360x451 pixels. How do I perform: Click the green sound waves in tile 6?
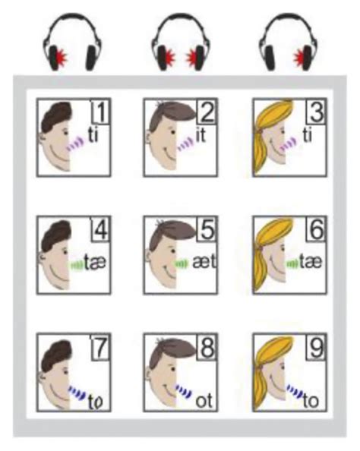(292, 263)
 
